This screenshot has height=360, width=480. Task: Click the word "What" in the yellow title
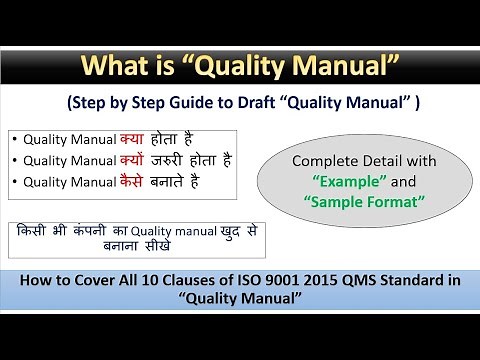click(111, 67)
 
